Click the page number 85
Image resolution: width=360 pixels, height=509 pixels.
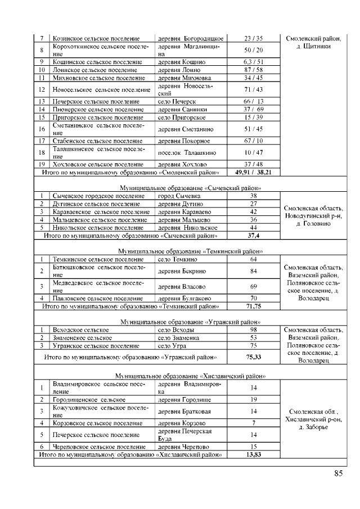tap(338, 474)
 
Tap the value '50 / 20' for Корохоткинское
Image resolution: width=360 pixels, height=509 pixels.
tap(253, 50)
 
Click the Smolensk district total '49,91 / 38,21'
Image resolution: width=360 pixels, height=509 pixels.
tap(253, 172)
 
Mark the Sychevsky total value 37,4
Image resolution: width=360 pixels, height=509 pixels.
tap(253, 236)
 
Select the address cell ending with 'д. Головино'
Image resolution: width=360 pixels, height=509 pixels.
tap(312, 216)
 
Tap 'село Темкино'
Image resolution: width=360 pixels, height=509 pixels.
tap(177, 259)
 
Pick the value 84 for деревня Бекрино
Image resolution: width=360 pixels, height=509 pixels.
tap(253, 271)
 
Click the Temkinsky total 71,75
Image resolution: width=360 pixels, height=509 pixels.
tap(253, 307)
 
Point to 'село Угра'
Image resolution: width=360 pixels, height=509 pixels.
tap(172, 346)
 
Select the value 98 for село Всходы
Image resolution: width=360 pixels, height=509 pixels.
tap(253, 330)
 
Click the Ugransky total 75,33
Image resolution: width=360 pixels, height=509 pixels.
tap(253, 357)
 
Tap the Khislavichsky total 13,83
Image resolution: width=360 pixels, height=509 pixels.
tap(253, 454)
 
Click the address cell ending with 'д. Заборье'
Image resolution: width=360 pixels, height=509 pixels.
tap(312, 419)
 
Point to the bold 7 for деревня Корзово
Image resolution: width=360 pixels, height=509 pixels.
tap(253, 422)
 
